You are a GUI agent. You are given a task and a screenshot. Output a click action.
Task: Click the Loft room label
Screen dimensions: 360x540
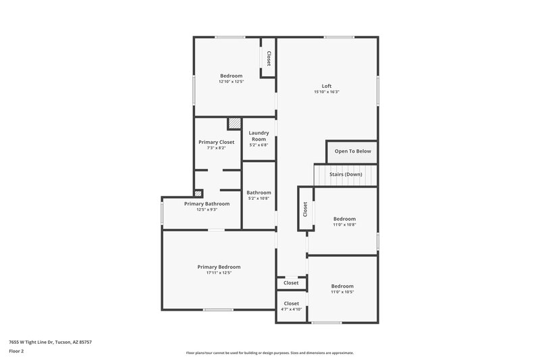[x=327, y=86]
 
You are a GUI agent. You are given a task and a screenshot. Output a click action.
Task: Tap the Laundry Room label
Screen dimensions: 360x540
[x=259, y=136]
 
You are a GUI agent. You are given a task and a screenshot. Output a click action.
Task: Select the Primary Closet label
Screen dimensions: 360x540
[x=216, y=142]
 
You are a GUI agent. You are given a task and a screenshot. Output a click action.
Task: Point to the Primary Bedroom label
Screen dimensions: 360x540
[x=219, y=267]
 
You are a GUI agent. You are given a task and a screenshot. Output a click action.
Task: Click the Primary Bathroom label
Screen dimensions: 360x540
[x=207, y=203]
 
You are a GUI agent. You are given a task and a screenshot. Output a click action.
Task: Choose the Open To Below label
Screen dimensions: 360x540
[x=352, y=151]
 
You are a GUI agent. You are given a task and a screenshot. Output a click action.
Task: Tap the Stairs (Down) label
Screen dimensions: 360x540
[x=346, y=174]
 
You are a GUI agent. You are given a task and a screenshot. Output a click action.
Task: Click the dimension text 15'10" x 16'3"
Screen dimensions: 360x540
[x=327, y=92]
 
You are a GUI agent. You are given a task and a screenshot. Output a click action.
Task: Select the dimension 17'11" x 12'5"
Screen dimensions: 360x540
[x=219, y=273]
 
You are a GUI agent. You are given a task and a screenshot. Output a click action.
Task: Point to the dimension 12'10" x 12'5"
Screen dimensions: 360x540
[x=231, y=82]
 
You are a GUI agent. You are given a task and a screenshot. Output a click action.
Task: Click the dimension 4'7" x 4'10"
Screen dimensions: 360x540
[x=292, y=309]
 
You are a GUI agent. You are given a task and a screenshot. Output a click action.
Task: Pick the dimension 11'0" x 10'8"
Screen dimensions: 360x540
[x=344, y=225]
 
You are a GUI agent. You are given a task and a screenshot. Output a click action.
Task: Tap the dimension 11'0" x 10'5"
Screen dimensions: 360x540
[x=342, y=292]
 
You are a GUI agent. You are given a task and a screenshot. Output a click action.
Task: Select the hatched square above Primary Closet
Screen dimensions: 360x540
[x=234, y=124]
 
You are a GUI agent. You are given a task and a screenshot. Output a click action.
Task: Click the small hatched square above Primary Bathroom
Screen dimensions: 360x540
[x=198, y=192]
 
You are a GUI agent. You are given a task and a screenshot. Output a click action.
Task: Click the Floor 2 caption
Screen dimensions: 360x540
[x=16, y=352]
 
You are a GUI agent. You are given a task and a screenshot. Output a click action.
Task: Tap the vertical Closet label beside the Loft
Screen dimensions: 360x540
[x=269, y=59]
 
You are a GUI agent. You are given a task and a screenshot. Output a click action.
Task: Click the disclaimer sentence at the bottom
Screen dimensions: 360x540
[x=270, y=353]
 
